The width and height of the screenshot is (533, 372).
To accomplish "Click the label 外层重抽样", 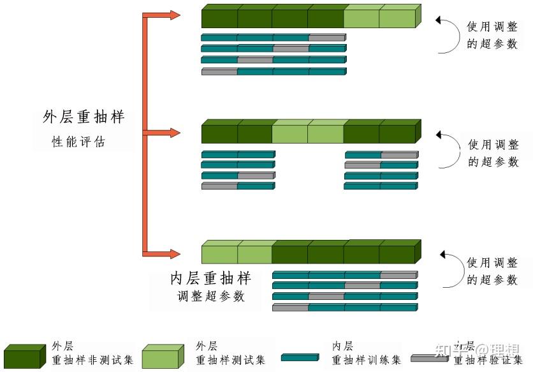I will pyautogui.click(x=84, y=117).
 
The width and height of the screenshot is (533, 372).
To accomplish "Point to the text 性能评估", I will pyautogui.click(x=78, y=142).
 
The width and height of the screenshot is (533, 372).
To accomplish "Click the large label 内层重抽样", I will pyautogui.click(x=210, y=278).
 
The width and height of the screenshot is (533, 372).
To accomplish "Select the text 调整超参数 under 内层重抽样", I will pyautogui.click(x=211, y=297).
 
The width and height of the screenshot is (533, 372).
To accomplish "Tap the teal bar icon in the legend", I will pyautogui.click(x=300, y=357).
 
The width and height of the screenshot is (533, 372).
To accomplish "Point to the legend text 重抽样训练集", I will pyautogui.click(x=367, y=361).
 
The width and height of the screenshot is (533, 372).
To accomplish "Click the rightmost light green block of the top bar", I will pyautogui.click(x=398, y=17).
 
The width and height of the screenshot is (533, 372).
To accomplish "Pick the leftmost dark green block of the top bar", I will pyautogui.click(x=219, y=17).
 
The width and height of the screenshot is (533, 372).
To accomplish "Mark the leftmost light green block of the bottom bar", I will pyautogui.click(x=219, y=254).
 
